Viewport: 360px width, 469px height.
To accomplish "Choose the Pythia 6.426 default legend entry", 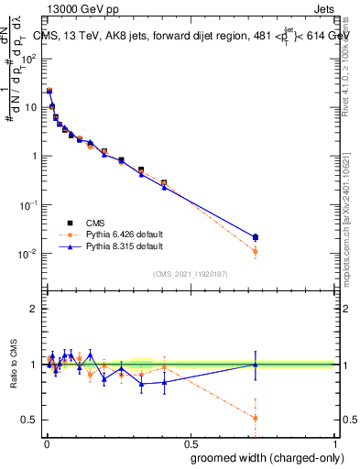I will point(123,234).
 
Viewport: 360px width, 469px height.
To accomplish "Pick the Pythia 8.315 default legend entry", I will point(123,246).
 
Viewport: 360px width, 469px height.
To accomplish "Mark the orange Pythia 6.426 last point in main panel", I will point(256,251).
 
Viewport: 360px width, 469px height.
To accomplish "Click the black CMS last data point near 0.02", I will point(256,237).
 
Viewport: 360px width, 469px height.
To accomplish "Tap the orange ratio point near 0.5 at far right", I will point(256,418).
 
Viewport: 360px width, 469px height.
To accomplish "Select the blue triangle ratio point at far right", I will point(256,365).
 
